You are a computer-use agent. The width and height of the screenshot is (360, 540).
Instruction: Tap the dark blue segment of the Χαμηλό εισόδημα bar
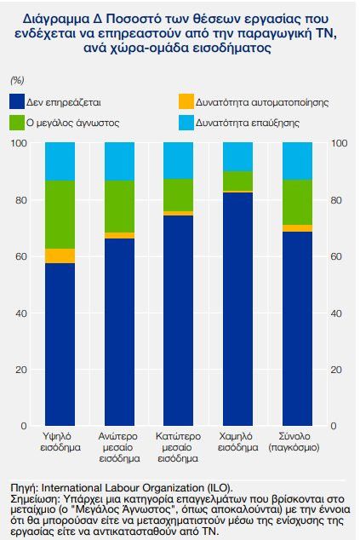[x=237, y=307]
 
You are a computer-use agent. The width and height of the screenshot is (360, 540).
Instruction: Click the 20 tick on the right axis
[x=338, y=369]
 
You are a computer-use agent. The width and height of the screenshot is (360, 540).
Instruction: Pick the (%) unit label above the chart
[x=17, y=79]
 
